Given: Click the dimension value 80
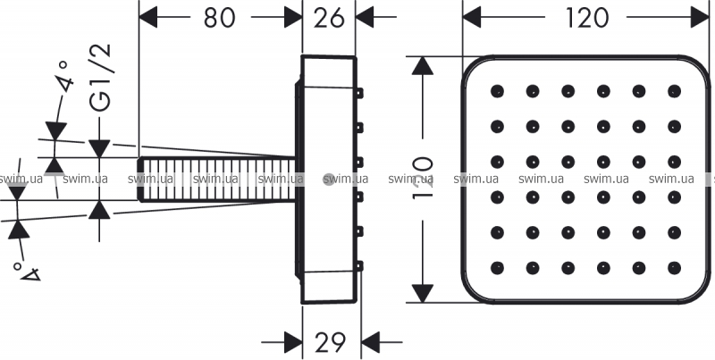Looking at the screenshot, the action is coord(220,18).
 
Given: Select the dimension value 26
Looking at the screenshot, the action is coord(329,18).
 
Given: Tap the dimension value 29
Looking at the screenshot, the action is coord(331,342).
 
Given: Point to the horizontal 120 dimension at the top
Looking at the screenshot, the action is coord(586,18).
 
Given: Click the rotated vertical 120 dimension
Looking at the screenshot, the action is coord(422,179).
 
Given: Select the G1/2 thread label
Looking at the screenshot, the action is coord(100,78).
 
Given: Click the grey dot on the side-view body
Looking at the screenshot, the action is coord(329,180).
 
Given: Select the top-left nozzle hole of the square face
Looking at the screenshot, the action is coord(497,91).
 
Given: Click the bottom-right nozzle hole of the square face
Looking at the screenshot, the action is coord(674,268).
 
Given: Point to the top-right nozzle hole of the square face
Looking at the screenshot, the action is coord(674,91).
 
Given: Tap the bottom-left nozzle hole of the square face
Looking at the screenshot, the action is coord(497,268).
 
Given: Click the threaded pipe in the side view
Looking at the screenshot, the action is coord(217,179).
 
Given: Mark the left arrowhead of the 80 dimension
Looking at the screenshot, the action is coord(147,17).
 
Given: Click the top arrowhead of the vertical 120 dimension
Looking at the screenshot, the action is coord(423,65).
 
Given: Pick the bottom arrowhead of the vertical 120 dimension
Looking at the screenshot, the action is coord(423,293).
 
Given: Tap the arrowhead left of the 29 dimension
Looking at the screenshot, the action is coord(293,342).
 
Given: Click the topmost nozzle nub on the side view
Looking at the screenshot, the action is coord(360,93).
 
